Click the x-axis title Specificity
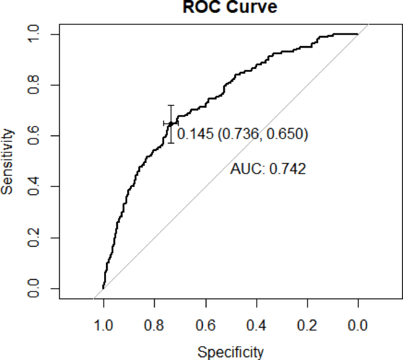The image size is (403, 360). click(230, 352)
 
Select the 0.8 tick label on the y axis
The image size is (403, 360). click(39, 85)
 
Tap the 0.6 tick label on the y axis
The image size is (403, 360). click(39, 136)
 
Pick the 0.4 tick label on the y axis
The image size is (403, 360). click(39, 187)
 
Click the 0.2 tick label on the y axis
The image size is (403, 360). click(39, 238)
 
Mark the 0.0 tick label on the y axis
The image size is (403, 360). click(39, 289)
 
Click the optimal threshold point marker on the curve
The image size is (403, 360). click(171, 123)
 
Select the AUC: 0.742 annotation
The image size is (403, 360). click(268, 169)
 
